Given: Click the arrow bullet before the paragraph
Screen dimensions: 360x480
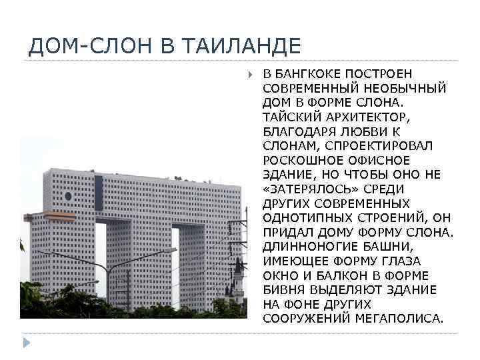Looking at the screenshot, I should coord(250,73).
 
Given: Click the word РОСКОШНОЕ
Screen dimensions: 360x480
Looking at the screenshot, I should coord(297,160).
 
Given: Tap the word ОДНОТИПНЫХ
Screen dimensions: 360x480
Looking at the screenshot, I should coord(301,217).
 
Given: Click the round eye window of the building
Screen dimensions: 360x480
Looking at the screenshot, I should coord(67,196).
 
